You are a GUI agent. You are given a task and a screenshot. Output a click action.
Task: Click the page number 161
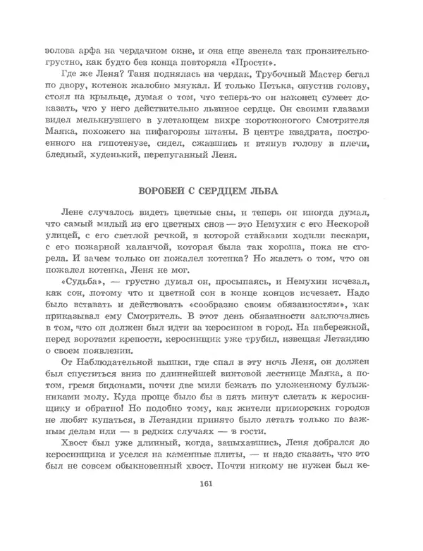(x=207, y=522)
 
